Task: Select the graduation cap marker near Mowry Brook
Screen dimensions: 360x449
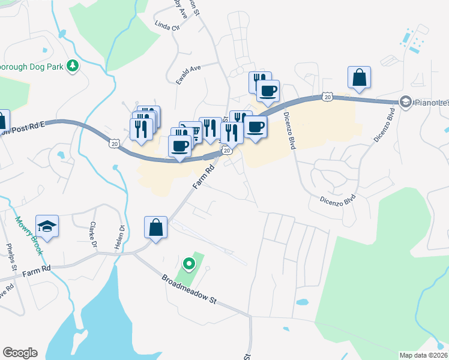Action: (47, 227)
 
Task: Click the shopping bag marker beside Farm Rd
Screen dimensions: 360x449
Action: (155, 228)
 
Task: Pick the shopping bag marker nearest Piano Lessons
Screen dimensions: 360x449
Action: (359, 77)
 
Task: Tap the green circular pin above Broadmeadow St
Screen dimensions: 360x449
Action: (188, 263)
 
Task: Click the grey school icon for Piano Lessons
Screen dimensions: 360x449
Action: (405, 102)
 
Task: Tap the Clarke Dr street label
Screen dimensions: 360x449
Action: (93, 235)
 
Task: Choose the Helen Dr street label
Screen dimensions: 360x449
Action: (121, 235)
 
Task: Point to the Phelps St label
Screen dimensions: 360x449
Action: (10, 255)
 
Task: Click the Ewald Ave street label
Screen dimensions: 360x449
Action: (187, 74)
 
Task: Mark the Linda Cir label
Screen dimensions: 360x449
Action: (167, 26)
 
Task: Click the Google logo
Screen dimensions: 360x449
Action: (20, 353)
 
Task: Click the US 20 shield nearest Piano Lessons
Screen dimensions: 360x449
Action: (327, 96)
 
